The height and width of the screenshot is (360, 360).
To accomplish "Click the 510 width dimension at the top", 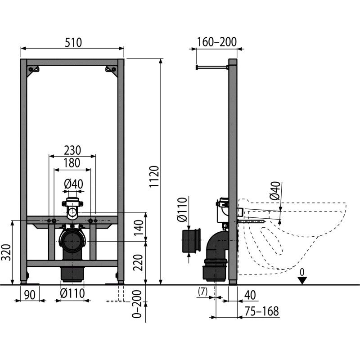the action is click(x=73, y=42).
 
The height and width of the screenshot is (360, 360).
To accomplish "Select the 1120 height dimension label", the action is click(x=154, y=176).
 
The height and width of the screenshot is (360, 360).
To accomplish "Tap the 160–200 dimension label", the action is click(x=217, y=42).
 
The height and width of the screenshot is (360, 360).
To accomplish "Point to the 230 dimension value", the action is click(x=72, y=150).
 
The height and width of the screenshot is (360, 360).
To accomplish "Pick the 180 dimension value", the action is click(x=72, y=163).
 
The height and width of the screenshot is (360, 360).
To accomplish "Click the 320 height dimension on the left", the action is click(x=6, y=252).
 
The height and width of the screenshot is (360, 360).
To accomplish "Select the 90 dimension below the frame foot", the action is click(x=30, y=295).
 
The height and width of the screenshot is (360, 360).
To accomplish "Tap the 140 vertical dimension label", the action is click(x=139, y=228).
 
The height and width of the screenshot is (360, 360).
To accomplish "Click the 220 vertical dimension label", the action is click(x=139, y=262).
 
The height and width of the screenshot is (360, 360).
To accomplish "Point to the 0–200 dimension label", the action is click(x=137, y=304).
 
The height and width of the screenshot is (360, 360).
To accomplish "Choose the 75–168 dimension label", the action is click(x=261, y=311).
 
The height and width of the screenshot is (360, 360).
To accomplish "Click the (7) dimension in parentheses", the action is click(x=203, y=292).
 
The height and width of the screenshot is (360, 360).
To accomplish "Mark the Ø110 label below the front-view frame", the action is click(x=72, y=293).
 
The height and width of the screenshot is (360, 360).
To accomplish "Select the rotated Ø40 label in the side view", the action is click(x=275, y=190).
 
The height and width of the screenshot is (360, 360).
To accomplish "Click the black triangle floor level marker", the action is click(x=302, y=280).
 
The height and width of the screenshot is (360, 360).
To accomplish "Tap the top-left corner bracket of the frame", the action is click(x=33, y=70).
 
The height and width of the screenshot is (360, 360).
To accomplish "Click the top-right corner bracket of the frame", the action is click(x=112, y=70).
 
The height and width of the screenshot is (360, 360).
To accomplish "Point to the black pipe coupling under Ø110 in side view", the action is click(x=191, y=240).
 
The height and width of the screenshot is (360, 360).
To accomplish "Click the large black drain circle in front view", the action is click(x=72, y=241).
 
